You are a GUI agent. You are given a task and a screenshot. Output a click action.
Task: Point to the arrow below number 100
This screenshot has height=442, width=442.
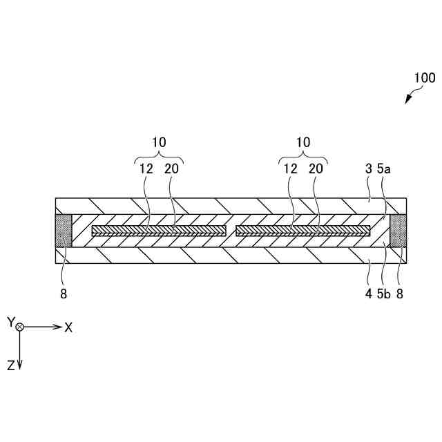(x=408, y=99)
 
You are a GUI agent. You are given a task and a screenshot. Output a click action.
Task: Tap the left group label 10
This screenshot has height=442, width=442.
(x=159, y=142)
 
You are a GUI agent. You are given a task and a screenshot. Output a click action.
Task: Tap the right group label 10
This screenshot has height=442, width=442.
(x=302, y=142)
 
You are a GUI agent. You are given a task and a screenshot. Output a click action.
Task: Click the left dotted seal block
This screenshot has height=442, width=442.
(x=64, y=231)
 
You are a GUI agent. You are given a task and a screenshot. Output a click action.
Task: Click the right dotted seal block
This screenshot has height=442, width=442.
(x=398, y=231)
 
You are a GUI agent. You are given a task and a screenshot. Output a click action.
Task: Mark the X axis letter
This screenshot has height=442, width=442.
(x=68, y=327)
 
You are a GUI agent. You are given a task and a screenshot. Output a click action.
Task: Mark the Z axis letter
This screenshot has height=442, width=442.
(x=11, y=367)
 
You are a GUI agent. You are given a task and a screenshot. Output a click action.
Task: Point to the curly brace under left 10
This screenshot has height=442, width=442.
(x=159, y=156)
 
